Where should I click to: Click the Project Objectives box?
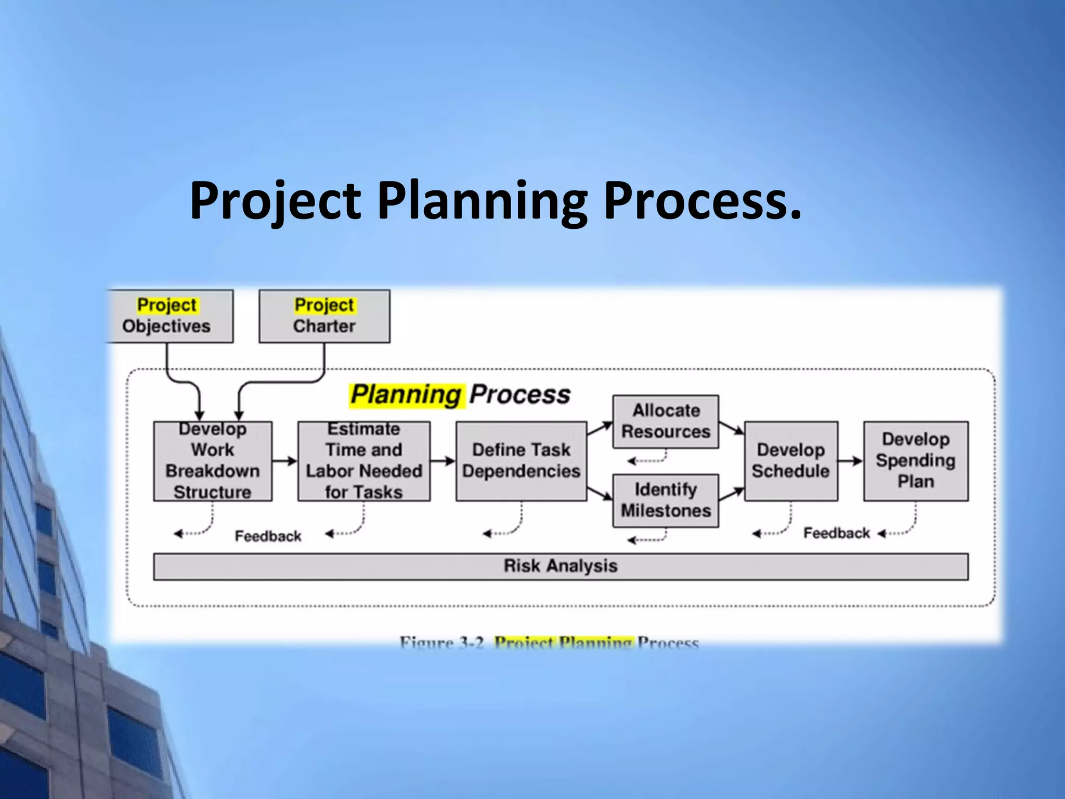tap(167, 316)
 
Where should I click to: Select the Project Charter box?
tap(324, 316)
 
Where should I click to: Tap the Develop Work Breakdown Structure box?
tap(213, 461)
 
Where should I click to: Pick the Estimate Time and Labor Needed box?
tap(364, 461)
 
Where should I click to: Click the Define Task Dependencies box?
tap(521, 461)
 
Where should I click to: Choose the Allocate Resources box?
tap(666, 421)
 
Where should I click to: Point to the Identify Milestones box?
tap(666, 500)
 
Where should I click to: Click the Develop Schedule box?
tap(791, 461)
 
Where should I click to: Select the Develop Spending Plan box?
tap(916, 461)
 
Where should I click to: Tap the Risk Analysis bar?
tap(561, 566)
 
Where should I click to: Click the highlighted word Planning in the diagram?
tap(406, 395)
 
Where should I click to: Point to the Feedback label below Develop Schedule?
tap(836, 533)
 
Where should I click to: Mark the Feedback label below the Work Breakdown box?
tap(268, 536)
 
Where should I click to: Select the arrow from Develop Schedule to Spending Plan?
tap(851, 461)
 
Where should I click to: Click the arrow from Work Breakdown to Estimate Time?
tap(284, 461)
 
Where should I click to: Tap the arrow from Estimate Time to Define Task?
tap(443, 461)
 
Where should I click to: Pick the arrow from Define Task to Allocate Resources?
tap(600, 429)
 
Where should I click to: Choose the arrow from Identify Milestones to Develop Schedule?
tap(732, 494)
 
